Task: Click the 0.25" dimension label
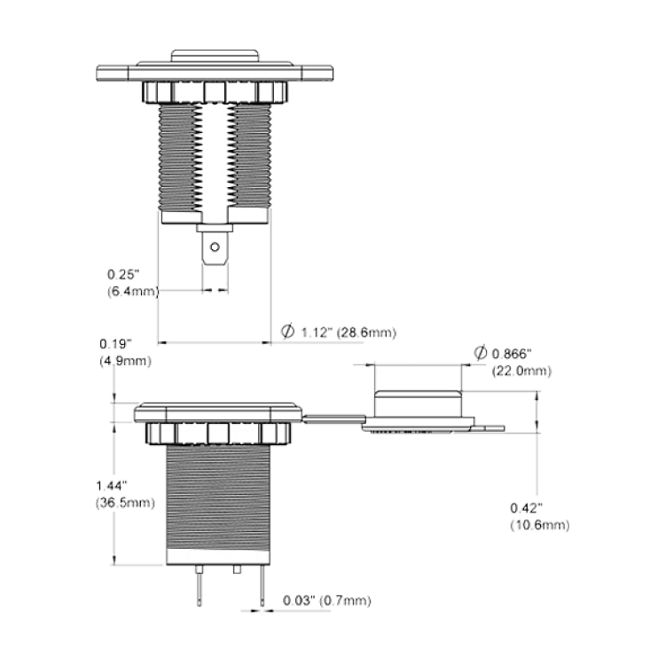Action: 123,274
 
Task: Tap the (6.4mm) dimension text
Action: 133,292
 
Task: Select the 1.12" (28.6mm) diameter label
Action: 348,332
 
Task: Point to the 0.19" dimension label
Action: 116,343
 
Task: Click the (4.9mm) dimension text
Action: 126,362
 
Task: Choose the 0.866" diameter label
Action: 512,353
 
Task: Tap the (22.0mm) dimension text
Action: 521,372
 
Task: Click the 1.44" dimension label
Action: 112,485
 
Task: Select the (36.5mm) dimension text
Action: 125,503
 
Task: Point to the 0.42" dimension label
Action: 527,508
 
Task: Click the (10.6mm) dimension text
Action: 539,526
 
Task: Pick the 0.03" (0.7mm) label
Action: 327,600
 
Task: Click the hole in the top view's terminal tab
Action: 215,246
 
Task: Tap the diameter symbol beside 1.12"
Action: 287,332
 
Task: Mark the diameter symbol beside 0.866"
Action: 480,352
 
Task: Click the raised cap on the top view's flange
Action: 215,56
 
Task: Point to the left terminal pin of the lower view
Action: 199,585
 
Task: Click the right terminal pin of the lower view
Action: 262,585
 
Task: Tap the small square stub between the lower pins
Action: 237,569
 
